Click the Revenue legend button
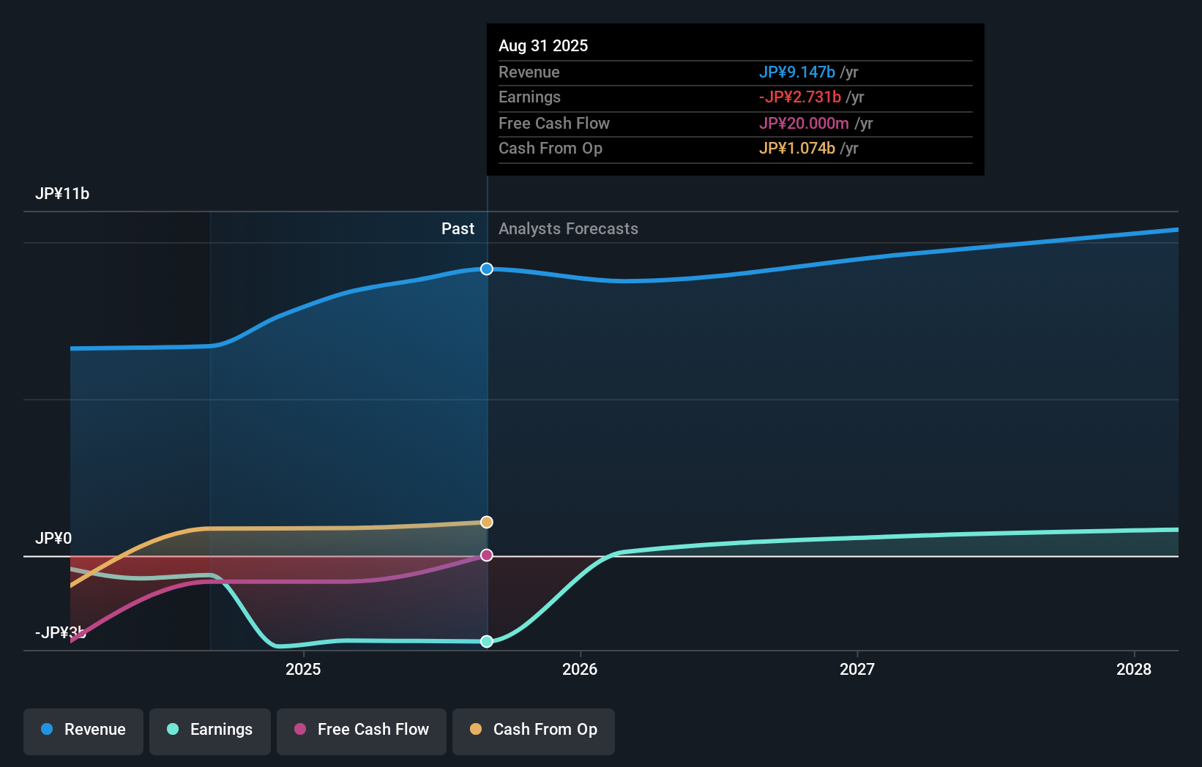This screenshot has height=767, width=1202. [83, 730]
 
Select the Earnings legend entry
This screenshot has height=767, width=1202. [210, 730]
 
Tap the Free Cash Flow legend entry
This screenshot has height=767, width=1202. [362, 730]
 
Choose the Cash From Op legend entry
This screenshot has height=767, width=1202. [534, 730]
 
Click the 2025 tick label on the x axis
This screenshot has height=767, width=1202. [303, 669]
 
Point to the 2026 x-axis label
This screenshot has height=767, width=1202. [580, 669]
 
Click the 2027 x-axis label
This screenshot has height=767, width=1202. [856, 669]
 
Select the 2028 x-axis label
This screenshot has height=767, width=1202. [1133, 669]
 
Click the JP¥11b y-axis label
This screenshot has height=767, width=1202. [62, 194]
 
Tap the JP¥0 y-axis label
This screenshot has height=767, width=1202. [53, 539]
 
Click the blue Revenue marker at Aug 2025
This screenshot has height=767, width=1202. [487, 269]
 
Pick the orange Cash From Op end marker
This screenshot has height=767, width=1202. [487, 522]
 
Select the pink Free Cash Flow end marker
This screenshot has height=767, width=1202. [487, 555]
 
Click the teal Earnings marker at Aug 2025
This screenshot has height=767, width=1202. [487, 642]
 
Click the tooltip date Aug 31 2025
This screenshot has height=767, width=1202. [543, 45]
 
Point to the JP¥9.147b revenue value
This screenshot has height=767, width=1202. [796, 72]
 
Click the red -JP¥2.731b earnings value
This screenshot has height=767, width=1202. [799, 97]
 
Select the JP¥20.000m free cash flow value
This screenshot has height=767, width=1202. [804, 123]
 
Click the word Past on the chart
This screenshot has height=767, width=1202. [458, 229]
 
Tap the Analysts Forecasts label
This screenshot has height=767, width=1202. [568, 229]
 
